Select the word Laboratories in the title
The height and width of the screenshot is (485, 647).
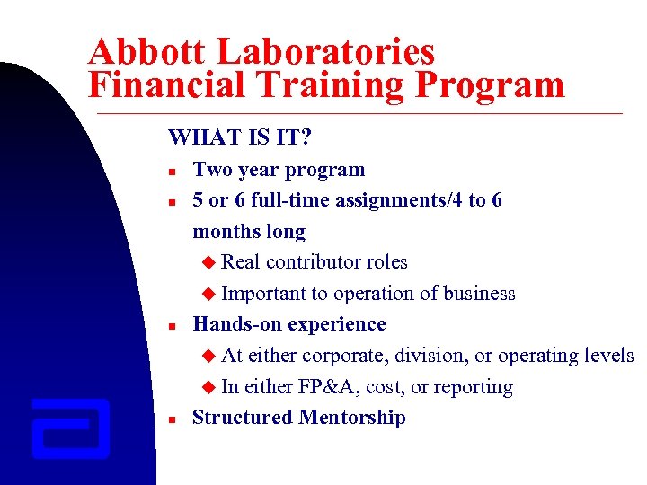point(333,52)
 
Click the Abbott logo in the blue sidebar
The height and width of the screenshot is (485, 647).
point(70,428)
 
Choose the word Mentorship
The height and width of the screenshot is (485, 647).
point(352,418)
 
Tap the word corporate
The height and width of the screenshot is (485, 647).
point(344,357)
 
